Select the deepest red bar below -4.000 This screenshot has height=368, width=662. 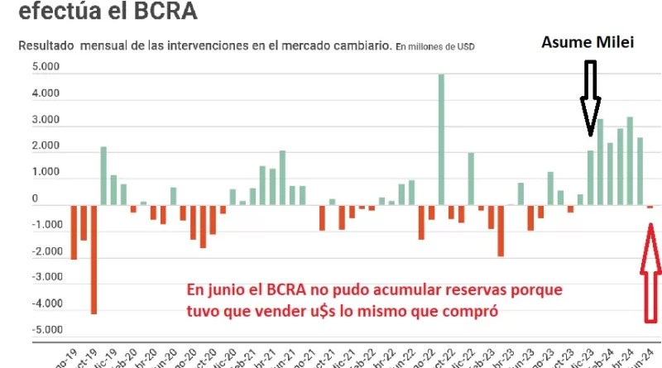pos(94,258)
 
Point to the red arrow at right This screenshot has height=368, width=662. pos(650,273)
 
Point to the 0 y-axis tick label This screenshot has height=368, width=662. pos(35,199)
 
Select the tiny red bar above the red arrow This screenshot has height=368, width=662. pos(650,207)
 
